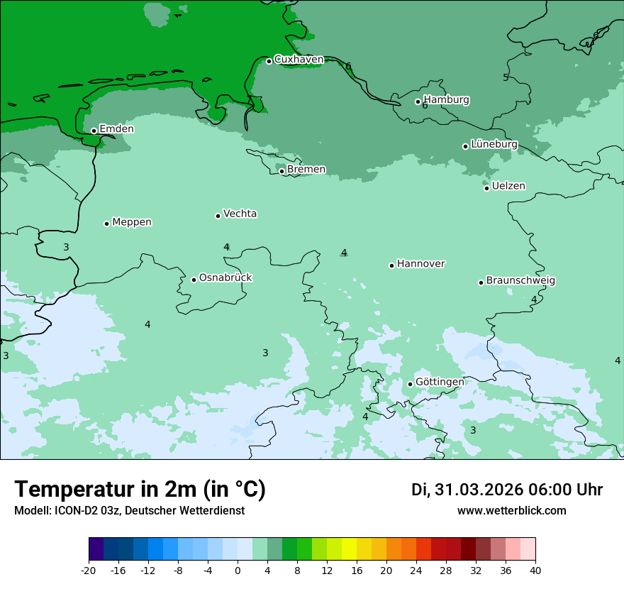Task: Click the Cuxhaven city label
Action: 299,60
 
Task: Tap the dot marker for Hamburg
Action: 418,101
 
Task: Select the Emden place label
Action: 116,129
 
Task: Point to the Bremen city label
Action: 306,170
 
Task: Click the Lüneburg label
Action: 494,144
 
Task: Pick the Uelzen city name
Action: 508,186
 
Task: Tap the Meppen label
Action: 132,222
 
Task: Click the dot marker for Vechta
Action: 218,216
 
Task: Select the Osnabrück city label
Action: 225,277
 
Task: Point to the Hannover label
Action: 421,264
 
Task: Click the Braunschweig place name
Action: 520,280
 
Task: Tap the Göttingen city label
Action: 440,382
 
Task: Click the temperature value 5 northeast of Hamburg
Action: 506,77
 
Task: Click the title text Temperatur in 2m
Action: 140,490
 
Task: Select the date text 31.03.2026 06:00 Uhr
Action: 507,490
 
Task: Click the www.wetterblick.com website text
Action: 511,510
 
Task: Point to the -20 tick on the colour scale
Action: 89,571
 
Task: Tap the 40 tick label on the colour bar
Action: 535,571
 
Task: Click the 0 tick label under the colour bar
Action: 238,571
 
